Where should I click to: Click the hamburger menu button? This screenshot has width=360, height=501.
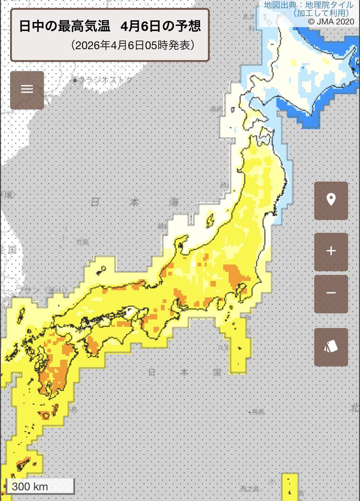(27, 90)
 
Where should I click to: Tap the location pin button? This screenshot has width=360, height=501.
(331, 200)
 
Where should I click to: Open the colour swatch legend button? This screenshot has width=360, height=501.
(331, 347)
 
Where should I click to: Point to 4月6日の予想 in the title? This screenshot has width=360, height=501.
(160, 27)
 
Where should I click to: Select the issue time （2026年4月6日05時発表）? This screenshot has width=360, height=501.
(133, 46)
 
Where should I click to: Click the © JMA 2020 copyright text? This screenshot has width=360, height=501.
(331, 21)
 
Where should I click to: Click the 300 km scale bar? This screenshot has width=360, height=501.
(40, 487)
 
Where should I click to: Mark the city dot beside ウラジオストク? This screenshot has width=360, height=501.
(75, 80)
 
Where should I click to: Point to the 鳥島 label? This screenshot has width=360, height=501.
(258, 412)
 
